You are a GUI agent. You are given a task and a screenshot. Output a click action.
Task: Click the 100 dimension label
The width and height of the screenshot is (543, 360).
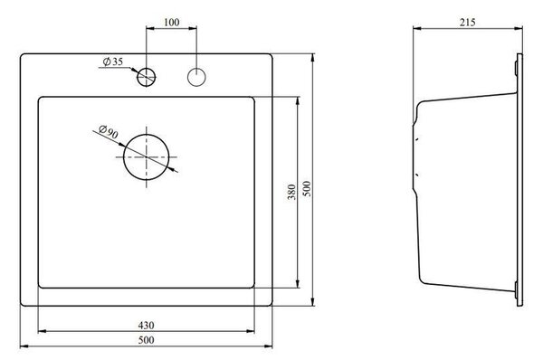(x=171, y=22)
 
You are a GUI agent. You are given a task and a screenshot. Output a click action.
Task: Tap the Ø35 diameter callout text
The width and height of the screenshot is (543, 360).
(x=113, y=62)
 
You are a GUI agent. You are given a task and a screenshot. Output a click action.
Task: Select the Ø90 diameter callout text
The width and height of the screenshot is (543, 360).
(x=109, y=132)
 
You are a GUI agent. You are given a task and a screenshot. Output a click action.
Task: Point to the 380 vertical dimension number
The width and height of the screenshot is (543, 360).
(x=291, y=192)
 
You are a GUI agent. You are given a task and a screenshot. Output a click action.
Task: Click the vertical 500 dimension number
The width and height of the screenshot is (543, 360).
(x=307, y=189)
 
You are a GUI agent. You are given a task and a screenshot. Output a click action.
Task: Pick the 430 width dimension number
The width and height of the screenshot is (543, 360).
(x=146, y=326)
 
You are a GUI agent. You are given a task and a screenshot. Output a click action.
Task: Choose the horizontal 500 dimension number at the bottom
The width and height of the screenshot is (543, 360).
(x=146, y=340)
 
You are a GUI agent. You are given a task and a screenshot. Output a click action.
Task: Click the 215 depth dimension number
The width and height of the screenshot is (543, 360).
(x=468, y=22)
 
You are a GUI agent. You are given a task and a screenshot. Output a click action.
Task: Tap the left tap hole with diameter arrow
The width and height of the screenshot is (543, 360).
(x=146, y=77)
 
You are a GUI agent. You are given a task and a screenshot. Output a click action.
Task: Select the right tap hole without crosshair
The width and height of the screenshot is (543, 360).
(x=196, y=77)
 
